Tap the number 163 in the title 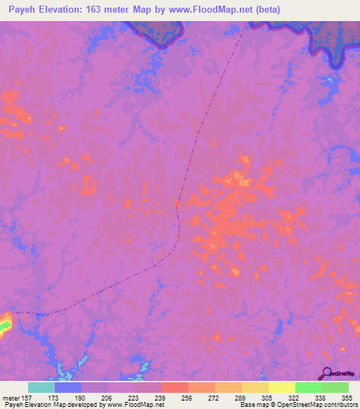pos(105,9)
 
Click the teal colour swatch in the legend pos(41,387)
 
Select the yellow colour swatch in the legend pos(281,387)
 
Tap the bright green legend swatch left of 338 pos(308,387)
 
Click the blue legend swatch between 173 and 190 pos(68,387)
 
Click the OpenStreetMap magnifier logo pos(326,372)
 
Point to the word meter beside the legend pos(13,397)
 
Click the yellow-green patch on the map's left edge pos(6,323)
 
